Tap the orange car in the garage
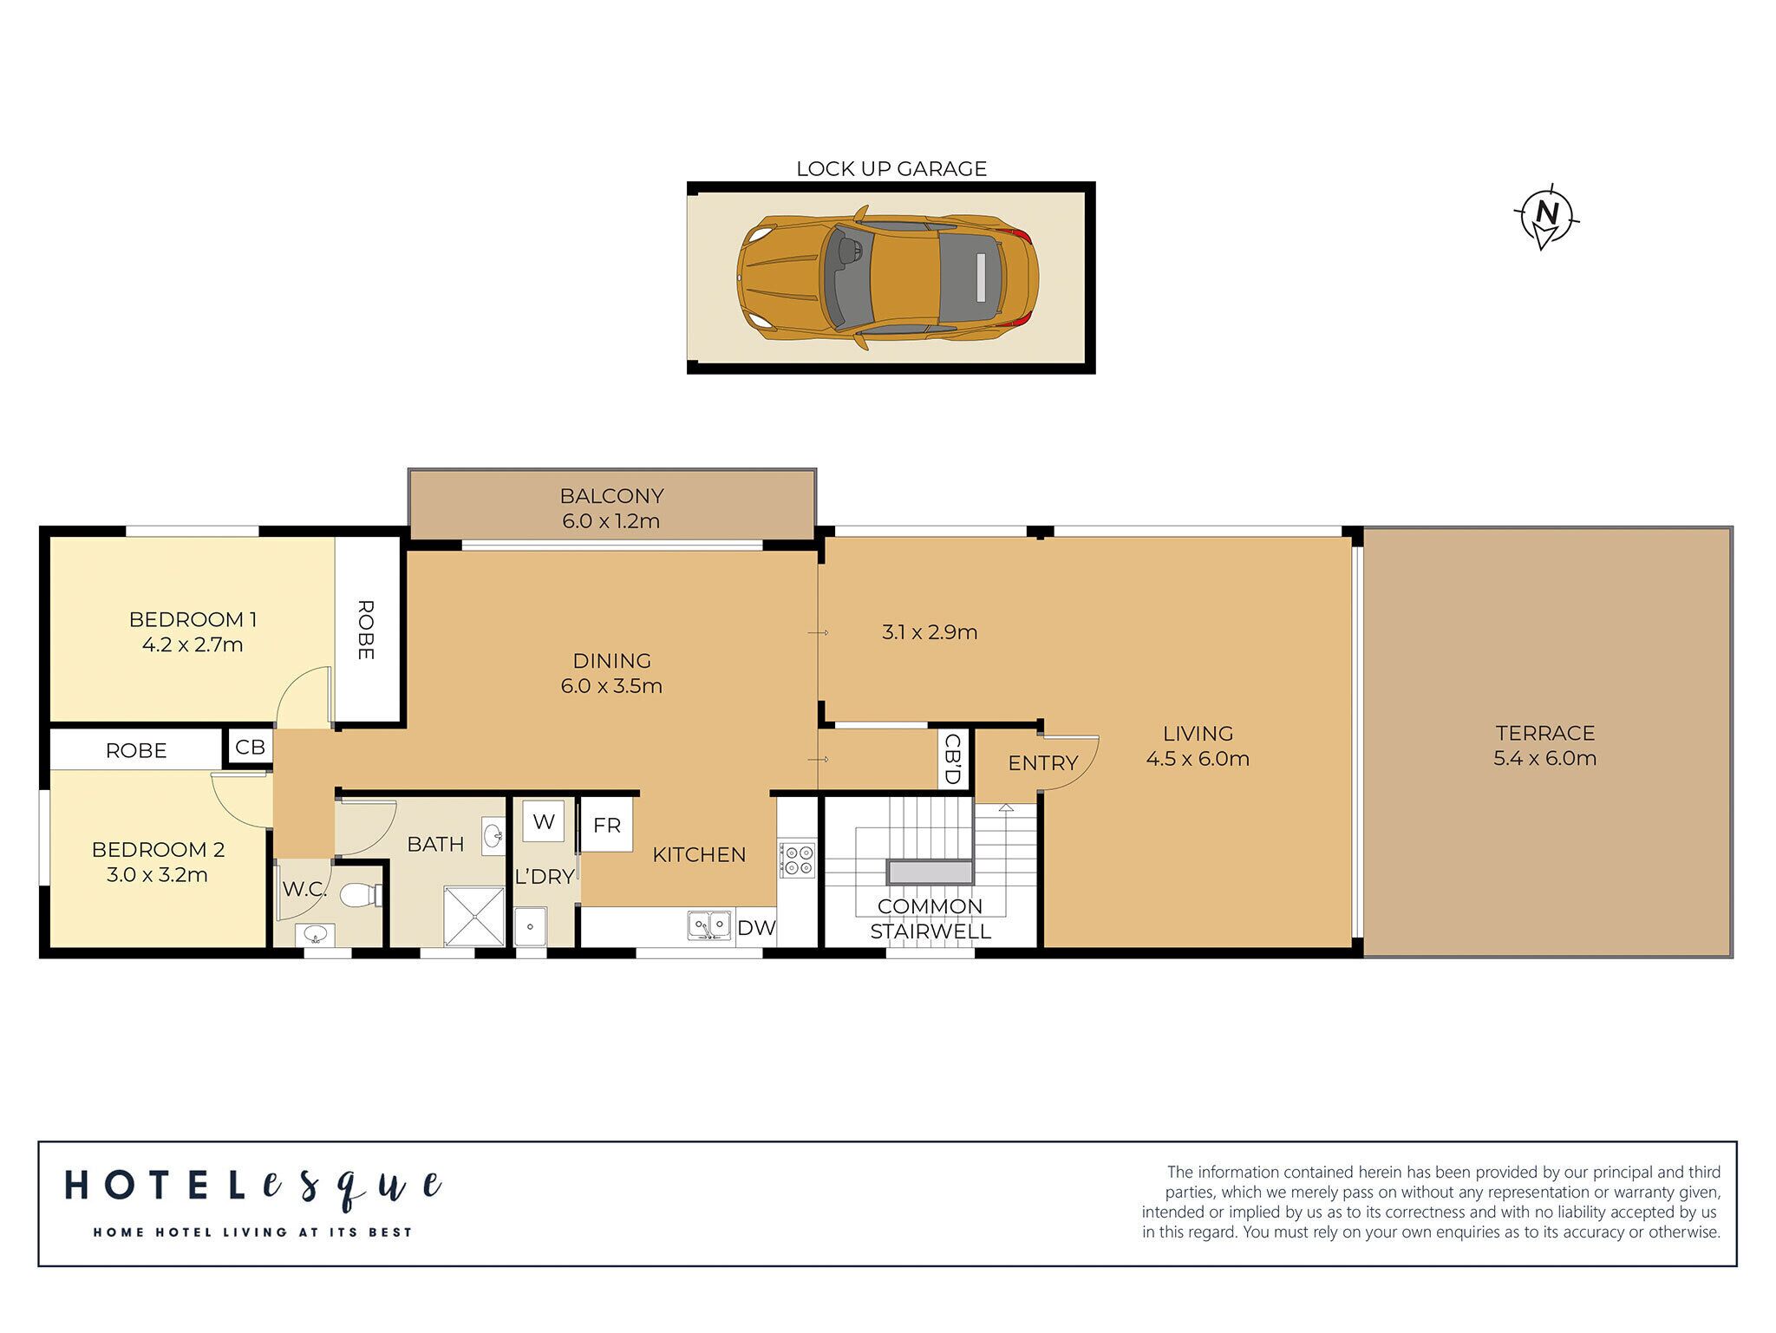(x=887, y=278)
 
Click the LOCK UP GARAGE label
(x=891, y=169)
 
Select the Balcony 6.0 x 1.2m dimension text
(x=610, y=521)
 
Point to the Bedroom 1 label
(x=193, y=619)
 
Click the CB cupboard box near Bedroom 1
(x=250, y=748)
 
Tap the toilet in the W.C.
(x=359, y=895)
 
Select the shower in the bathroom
(x=473, y=916)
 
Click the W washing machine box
(x=544, y=821)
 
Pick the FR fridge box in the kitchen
(x=606, y=826)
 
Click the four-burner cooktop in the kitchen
(x=797, y=859)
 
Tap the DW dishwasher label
(x=756, y=928)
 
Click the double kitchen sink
(x=709, y=925)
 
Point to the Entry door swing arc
(x=1075, y=763)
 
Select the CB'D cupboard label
(x=951, y=759)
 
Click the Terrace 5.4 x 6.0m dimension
(x=1544, y=758)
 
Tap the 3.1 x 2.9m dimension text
(x=929, y=632)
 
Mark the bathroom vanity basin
(x=493, y=836)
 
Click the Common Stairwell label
(x=930, y=918)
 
